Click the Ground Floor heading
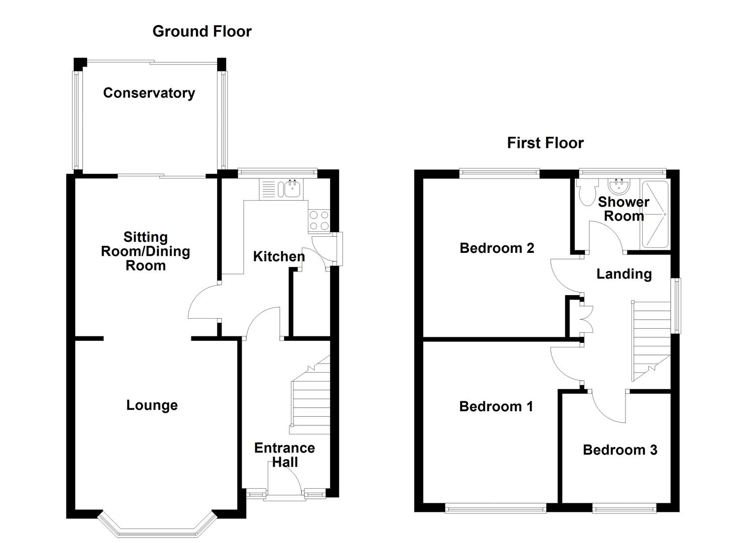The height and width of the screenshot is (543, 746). point(201,31)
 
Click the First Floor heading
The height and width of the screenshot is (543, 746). point(545,143)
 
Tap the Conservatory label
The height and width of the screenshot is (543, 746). point(149,93)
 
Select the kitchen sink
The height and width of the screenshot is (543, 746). point(292,189)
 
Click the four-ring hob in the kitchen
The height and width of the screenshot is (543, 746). point(318,220)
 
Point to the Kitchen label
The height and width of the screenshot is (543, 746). point(279,256)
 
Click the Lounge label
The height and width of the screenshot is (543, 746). point(152,405)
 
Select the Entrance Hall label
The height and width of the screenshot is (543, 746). point(284,455)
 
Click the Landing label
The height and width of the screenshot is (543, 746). point(624,274)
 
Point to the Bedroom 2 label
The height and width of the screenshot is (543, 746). point(496,248)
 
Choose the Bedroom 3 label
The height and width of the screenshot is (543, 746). point(619,450)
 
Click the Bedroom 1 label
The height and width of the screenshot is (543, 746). point(496,406)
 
